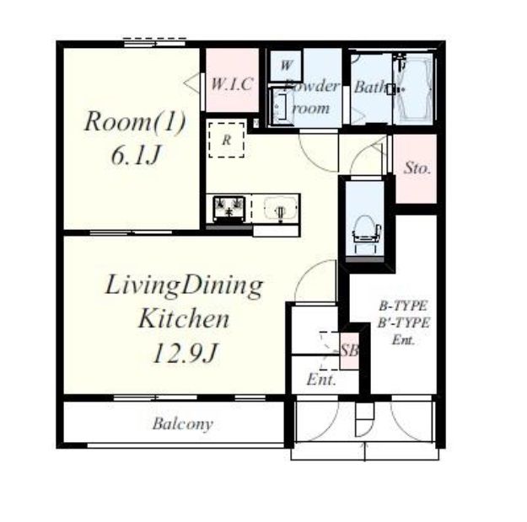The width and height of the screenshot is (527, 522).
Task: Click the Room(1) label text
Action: tap(135, 122)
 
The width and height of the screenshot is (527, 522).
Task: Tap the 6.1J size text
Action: tap(135, 156)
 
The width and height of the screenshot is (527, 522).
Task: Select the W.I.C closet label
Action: tap(232, 84)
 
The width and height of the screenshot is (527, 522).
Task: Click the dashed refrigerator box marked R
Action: tap(227, 140)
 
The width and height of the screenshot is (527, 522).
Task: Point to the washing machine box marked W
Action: tap(285, 66)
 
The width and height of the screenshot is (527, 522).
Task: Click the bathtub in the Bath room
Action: tap(413, 89)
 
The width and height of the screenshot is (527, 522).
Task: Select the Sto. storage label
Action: tap(417, 168)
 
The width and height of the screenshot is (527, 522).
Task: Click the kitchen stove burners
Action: tap(229, 208)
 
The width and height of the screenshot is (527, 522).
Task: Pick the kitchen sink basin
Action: tap(280, 209)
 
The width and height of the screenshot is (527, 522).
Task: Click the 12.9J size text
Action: tap(186, 353)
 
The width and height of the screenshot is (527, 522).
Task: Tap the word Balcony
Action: tap(182, 424)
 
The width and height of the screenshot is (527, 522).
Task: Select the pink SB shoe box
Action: tap(349, 351)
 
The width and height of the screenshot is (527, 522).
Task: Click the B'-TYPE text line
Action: tap(403, 323)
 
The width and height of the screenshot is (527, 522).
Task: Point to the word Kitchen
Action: tap(184, 319)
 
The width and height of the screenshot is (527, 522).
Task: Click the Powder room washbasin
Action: tap(281, 105)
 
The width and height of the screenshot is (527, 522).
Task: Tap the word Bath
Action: tap(370, 87)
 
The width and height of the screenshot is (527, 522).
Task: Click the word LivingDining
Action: tap(184, 286)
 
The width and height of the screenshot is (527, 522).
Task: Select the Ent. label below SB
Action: tap(321, 380)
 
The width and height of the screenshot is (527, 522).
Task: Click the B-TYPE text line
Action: tap(403, 306)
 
